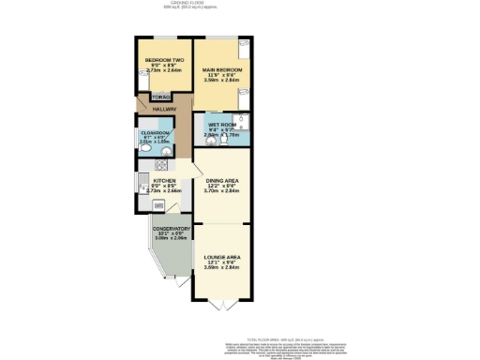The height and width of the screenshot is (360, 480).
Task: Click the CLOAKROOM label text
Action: coord(157,132)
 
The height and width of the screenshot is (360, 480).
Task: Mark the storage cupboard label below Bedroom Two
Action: coord(159,97)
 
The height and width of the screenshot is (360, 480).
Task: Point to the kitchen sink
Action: coord(142,180)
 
